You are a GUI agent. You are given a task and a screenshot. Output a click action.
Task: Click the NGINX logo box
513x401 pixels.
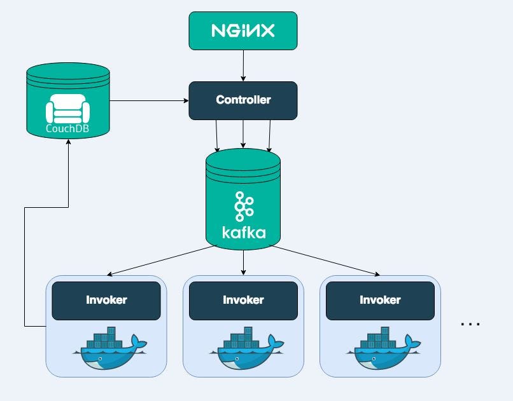(243, 31)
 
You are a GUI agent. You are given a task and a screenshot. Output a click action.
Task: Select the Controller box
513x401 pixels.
(243, 100)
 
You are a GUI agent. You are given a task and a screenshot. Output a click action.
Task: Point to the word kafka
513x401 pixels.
(244, 232)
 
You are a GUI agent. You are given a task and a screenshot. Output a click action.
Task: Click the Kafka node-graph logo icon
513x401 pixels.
(244, 205)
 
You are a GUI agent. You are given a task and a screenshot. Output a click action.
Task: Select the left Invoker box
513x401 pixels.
(106, 300)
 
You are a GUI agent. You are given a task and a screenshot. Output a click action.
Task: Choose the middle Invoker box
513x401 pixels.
(243, 300)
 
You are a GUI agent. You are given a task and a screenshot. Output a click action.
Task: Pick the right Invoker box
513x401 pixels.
(380, 300)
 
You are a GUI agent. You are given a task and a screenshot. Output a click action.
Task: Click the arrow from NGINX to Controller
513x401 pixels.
(243, 65)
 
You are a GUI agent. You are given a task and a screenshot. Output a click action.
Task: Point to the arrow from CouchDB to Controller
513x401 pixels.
(150, 100)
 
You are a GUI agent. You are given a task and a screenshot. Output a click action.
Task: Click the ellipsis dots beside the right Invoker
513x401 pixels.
(470, 324)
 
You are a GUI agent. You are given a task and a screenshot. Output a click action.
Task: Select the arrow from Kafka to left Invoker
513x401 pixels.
(162, 261)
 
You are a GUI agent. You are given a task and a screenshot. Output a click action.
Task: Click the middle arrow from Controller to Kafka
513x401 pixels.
(243, 134)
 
